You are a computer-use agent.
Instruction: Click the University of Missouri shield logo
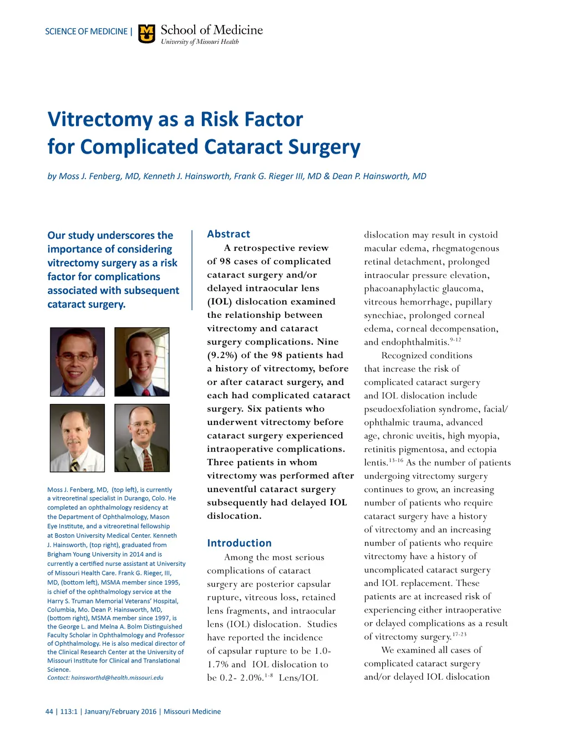[x=146, y=34]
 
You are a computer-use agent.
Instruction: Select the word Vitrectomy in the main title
[x=93, y=119]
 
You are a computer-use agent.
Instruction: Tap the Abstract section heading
[x=229, y=234]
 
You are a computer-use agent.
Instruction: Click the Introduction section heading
[x=239, y=543]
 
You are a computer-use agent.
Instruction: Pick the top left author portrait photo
[x=78, y=362]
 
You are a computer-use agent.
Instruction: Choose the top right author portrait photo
[x=142, y=362]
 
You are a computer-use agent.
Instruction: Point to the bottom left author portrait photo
[x=78, y=438]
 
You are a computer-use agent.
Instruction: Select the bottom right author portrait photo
[x=142, y=438]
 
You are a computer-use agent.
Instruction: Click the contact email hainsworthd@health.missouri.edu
[x=117, y=677]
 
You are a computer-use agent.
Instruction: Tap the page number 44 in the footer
[x=49, y=711]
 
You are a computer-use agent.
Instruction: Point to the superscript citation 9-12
[x=455, y=340]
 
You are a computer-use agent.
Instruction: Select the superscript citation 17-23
[x=459, y=634]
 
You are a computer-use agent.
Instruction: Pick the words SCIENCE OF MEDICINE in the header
[x=86, y=32]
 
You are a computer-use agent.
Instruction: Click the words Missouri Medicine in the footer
[x=192, y=711]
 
